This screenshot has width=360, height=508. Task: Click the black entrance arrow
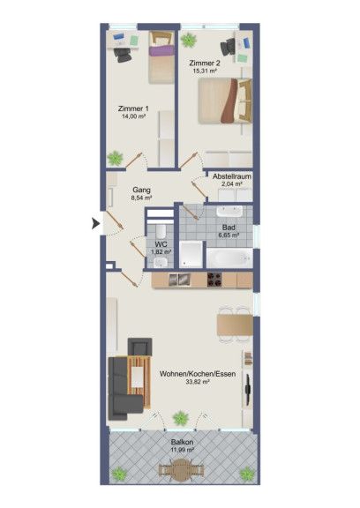click(x=96, y=224)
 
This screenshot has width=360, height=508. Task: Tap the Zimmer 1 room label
click(x=133, y=108)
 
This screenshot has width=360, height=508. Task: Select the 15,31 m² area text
click(x=205, y=71)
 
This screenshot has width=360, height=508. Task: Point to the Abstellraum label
click(x=232, y=176)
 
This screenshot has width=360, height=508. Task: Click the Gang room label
click(x=141, y=190)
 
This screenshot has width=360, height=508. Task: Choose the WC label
click(x=161, y=244)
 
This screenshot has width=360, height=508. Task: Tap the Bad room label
click(x=229, y=228)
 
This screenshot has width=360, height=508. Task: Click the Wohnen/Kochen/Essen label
click(x=198, y=374)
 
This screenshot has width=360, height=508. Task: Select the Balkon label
click(x=182, y=442)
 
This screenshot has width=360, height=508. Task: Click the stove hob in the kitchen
click(x=214, y=280)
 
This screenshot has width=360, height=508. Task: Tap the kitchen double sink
click(x=180, y=280)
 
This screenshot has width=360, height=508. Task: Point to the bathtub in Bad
click(x=229, y=258)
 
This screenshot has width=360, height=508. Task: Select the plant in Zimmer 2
click(x=188, y=41)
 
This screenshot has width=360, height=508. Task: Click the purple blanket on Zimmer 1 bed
click(x=161, y=51)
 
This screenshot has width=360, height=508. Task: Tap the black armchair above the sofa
click(x=139, y=347)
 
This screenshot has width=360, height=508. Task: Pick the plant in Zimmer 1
click(x=115, y=159)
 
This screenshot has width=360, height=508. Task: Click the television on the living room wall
click(x=248, y=390)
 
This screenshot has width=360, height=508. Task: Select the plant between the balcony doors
click(x=181, y=418)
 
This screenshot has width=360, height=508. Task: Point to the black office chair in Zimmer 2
click(x=229, y=48)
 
